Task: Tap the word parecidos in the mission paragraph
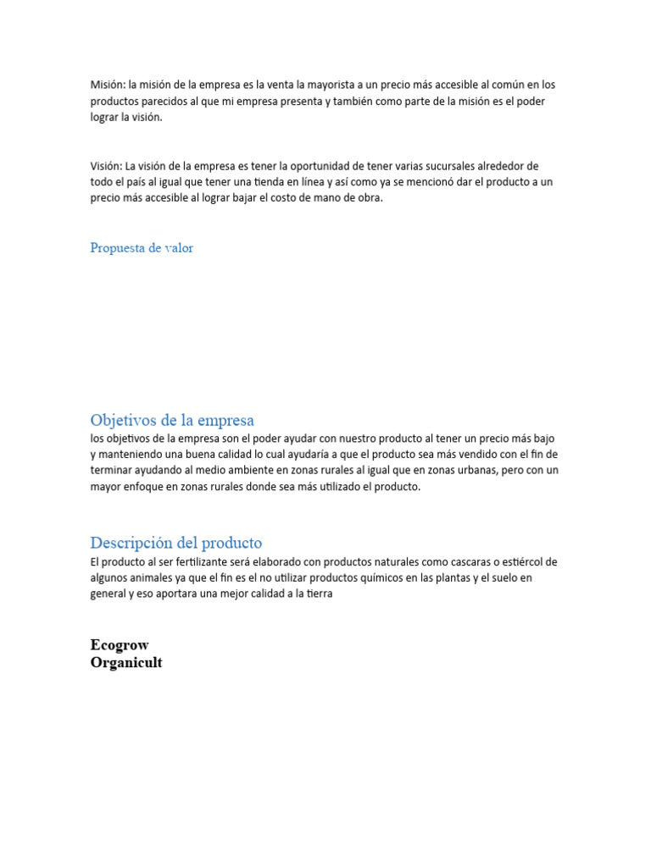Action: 165,102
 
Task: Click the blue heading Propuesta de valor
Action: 142,248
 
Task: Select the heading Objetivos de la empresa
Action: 172,420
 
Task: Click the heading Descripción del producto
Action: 176,543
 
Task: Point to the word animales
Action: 170,578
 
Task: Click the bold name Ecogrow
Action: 120,645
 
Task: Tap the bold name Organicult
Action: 126,663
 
